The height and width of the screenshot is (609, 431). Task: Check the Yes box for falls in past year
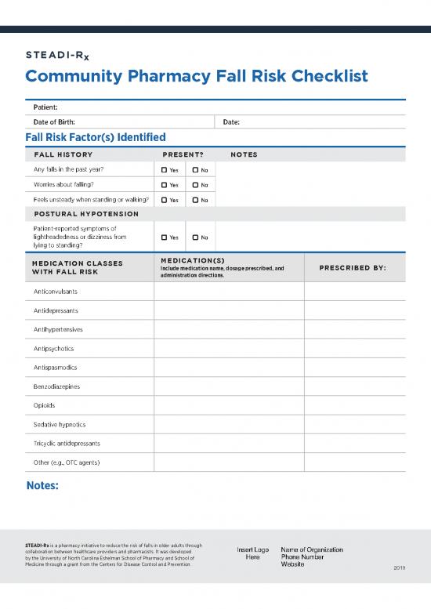coord(165,170)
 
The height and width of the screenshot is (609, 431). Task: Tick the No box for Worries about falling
coord(195,185)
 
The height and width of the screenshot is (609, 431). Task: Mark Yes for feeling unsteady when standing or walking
coord(165,200)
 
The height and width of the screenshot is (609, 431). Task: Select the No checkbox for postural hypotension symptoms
coord(195,237)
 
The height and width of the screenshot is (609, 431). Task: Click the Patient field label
coord(45,107)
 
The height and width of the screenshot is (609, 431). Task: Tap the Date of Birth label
coord(60,121)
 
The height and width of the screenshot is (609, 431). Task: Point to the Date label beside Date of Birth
coord(231,121)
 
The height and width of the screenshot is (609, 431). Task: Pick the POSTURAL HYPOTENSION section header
coord(86,214)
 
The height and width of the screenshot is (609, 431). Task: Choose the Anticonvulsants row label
coord(56,291)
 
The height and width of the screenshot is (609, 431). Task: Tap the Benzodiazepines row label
coord(56,386)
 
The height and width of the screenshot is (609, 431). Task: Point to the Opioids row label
coord(45,405)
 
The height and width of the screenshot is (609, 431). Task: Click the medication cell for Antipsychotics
coord(229,348)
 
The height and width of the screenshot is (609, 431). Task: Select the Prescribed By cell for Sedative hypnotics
coord(354,424)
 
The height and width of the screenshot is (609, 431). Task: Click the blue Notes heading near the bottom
coord(42,486)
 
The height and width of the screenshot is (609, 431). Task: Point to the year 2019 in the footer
coord(400,568)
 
